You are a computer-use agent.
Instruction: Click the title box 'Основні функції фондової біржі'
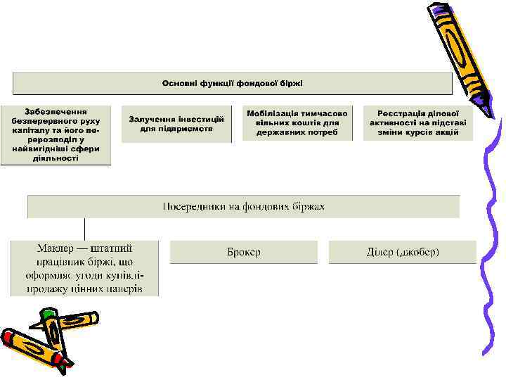(232, 84)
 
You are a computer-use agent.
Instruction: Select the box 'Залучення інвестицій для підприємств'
(176, 124)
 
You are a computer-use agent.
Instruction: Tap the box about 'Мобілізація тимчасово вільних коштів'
(297, 123)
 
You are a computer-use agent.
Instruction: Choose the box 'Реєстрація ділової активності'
(418, 122)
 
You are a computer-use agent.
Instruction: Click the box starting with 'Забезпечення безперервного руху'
(56, 134)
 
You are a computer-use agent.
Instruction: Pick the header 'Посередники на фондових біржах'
(243, 206)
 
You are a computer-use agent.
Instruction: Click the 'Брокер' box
(243, 252)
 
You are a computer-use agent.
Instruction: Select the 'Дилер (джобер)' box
(403, 252)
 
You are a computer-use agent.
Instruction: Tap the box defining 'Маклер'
(84, 268)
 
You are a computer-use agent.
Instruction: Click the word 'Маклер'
(56, 248)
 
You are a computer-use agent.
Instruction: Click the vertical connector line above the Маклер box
(84, 229)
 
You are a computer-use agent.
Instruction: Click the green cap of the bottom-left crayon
(48, 314)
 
